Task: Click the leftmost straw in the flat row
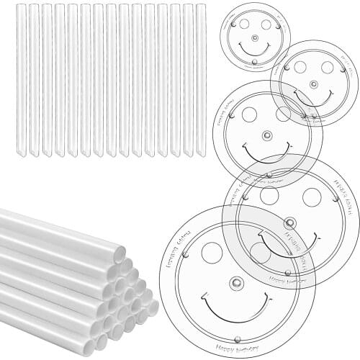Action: click(x=22, y=79)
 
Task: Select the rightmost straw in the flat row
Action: click(x=201, y=79)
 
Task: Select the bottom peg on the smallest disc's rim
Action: click(x=253, y=63)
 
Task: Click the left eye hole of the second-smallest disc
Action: click(x=300, y=67)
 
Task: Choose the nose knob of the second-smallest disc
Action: click(x=314, y=84)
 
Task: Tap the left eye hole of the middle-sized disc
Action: click(x=249, y=114)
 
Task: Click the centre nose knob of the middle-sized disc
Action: click(x=267, y=135)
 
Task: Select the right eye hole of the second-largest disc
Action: click(x=311, y=197)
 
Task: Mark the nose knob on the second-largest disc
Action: click(x=290, y=222)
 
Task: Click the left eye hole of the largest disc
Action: click(x=212, y=252)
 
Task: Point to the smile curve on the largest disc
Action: click(x=236, y=317)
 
